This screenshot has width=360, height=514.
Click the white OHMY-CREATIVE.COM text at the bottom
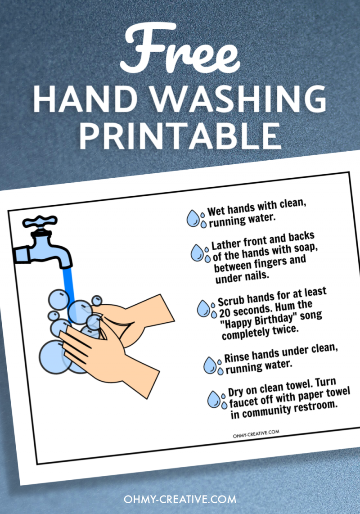(x=180, y=499)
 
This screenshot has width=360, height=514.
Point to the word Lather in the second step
(x=225, y=245)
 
